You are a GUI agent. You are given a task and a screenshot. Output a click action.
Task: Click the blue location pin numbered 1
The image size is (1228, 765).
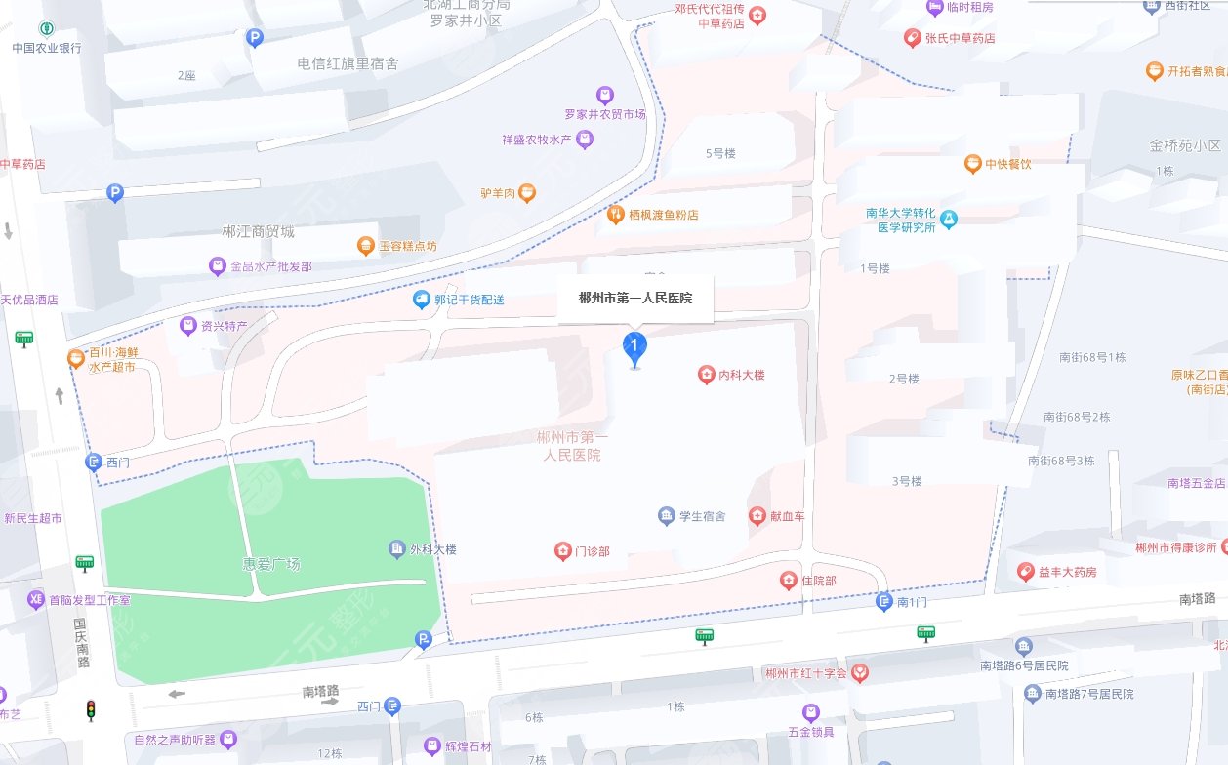634,346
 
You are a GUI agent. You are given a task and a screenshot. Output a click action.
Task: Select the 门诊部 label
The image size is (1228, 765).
592,552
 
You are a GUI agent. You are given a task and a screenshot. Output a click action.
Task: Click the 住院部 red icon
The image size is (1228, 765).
789,582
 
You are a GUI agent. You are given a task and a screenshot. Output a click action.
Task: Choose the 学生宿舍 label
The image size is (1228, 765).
702,516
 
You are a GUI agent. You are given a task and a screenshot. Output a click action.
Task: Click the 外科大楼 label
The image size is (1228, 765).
432,549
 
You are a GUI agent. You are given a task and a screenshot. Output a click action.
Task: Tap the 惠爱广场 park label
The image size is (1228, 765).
271,564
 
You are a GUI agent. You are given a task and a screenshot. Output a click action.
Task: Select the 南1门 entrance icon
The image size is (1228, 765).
884,602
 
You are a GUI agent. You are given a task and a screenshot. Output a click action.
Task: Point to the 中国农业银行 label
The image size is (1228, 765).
47,48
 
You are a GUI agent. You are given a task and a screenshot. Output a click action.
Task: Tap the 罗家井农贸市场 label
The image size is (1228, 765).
605,114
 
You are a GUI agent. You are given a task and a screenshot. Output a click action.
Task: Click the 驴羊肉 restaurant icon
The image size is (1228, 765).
527,193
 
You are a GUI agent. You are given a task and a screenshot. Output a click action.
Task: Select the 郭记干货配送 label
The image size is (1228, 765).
470,300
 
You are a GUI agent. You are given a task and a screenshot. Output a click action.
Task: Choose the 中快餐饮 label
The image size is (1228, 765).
1007,164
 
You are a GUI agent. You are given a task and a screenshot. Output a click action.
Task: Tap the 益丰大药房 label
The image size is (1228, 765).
1066,572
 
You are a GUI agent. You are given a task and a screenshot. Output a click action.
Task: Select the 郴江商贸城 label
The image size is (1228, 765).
258,232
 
